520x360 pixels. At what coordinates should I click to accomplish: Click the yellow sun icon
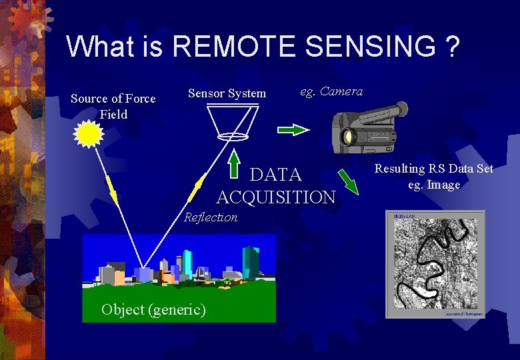[89, 134]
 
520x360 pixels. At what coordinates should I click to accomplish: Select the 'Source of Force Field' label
[113, 106]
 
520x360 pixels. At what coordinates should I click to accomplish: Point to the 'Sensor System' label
[227, 93]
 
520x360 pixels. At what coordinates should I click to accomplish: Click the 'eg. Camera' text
[331, 91]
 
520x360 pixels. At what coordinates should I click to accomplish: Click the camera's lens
[347, 137]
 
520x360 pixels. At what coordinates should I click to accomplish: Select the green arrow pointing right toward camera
[293, 130]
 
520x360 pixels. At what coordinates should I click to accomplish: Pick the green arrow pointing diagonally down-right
[348, 181]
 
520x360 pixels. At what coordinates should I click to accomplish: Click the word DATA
[276, 175]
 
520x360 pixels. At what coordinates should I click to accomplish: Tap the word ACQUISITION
[276, 197]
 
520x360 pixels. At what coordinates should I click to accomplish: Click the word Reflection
[211, 217]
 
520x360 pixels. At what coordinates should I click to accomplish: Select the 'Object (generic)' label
[153, 309]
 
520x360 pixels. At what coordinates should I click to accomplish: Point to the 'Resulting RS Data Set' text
[434, 169]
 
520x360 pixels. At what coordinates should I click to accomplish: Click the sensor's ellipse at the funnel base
[233, 137]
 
